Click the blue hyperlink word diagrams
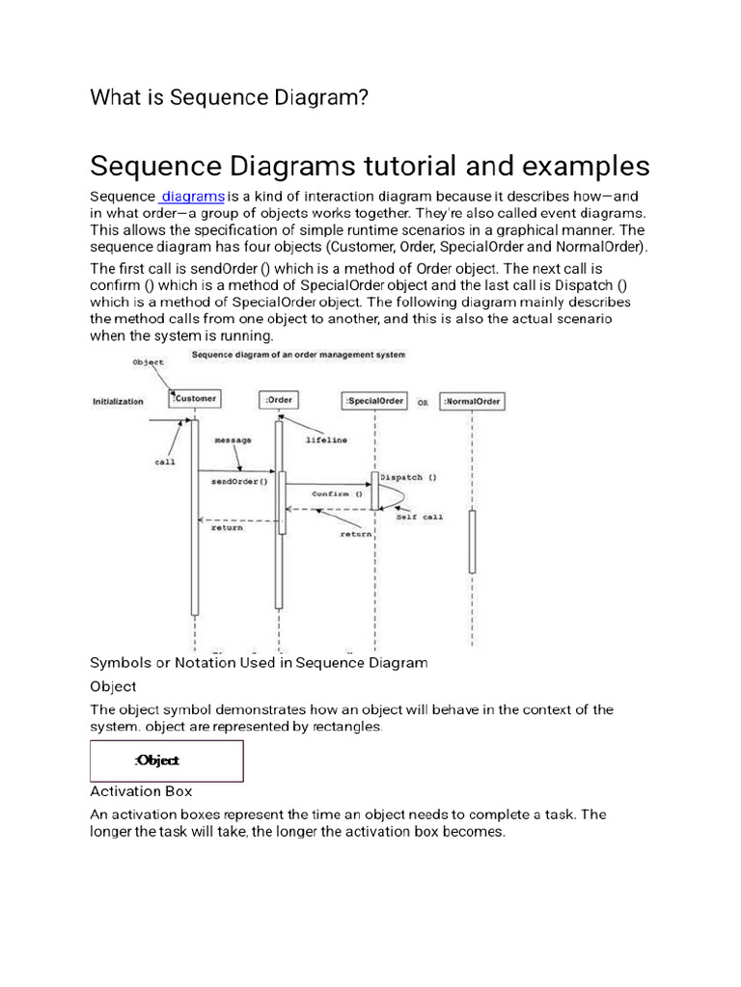pyautogui.click(x=194, y=197)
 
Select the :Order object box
pyautogui.click(x=279, y=400)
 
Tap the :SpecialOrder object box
pyautogui.click(x=374, y=400)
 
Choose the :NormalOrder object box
pyautogui.click(x=472, y=401)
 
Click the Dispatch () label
pyautogui.click(x=409, y=476)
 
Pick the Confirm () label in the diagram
pyautogui.click(x=336, y=493)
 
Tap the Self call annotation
pyautogui.click(x=420, y=517)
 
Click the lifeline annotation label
pyautogui.click(x=328, y=440)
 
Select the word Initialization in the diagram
pyautogui.click(x=118, y=401)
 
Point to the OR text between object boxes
pyautogui.click(x=423, y=402)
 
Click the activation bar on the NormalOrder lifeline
pyautogui.click(x=472, y=542)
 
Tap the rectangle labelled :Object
pyautogui.click(x=167, y=760)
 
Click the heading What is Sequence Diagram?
pyautogui.click(x=229, y=97)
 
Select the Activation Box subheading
pyautogui.click(x=141, y=791)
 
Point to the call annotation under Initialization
pyautogui.click(x=165, y=462)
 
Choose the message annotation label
pyautogui.click(x=233, y=440)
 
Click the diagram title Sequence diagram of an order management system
pyautogui.click(x=298, y=355)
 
